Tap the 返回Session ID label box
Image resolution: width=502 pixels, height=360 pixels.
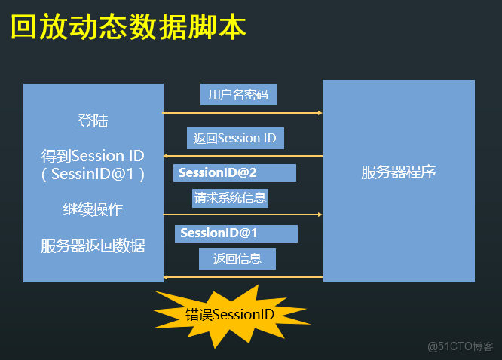(234, 138)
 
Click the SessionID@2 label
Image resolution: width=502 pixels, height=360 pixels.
(234, 173)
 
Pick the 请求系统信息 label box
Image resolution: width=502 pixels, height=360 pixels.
(231, 198)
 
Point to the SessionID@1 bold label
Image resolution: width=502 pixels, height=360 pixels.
(236, 233)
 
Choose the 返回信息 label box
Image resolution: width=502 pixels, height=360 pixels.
(237, 259)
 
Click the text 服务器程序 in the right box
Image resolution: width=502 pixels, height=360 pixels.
(399, 172)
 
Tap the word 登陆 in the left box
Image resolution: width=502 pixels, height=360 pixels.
(93, 121)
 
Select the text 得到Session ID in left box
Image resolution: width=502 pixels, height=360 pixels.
(93, 156)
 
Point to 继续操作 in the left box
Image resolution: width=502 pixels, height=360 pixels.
(93, 209)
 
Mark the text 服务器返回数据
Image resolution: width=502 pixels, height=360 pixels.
(93, 246)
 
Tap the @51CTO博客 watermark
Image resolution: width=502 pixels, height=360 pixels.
(460, 346)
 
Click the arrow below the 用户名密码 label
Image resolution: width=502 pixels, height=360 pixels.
(243, 113)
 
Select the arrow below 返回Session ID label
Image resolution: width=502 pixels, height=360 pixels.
(243, 156)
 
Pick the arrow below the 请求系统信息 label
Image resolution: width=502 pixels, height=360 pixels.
(243, 215)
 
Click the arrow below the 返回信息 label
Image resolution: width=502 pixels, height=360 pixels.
(243, 277)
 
